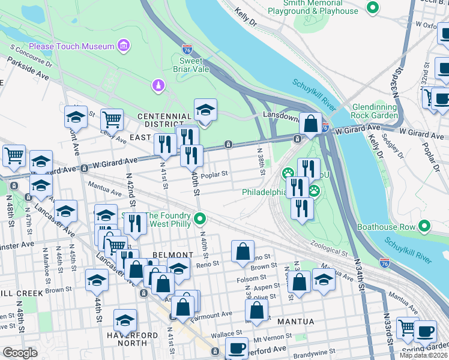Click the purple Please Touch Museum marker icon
[x=124, y=46]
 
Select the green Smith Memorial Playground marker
[x=373, y=8]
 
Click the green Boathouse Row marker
[x=425, y=227]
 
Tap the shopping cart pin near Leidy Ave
[x=112, y=120]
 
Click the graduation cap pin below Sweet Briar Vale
[x=205, y=110]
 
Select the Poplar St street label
[x=215, y=175]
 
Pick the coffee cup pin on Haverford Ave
[x=237, y=348]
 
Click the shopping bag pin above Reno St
[x=243, y=252]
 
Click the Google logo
[x=20, y=353]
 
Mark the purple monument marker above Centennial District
[x=158, y=86]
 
